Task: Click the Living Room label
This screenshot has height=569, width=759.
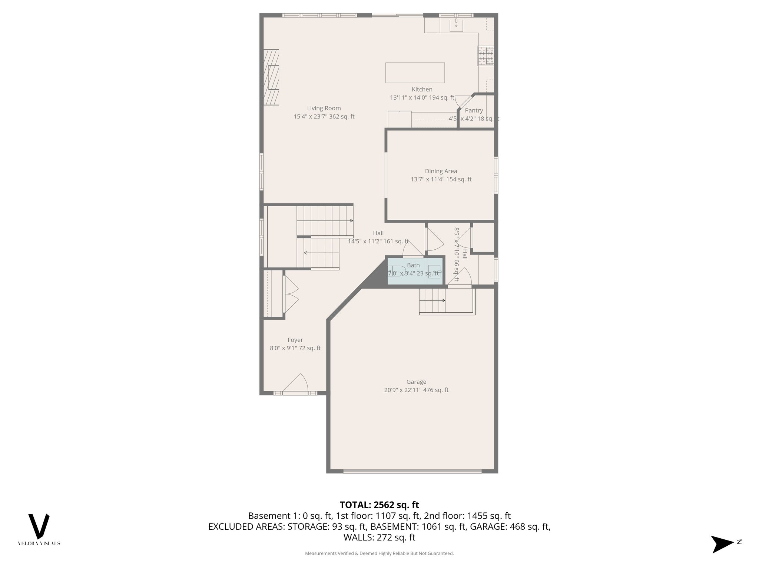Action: point(324,108)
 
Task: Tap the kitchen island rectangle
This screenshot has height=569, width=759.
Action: point(415,73)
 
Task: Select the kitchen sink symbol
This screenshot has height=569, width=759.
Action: point(456,25)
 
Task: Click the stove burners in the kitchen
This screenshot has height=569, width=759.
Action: point(485,56)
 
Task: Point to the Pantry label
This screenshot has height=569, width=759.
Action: point(474,110)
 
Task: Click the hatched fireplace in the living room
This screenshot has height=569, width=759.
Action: point(271,77)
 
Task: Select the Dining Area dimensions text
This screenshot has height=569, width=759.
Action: point(441,179)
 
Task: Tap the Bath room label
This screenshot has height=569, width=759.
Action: point(413,265)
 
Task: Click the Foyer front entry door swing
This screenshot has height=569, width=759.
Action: point(296,384)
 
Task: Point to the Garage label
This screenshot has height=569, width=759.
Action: point(416,382)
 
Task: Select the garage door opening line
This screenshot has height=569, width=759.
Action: point(412,471)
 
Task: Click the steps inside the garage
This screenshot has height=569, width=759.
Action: point(432,300)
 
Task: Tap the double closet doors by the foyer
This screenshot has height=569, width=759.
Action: point(290,294)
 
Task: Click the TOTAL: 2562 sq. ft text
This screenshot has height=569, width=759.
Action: point(379,505)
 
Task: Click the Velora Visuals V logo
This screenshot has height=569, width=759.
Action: point(39,526)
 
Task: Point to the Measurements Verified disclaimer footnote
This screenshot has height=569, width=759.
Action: point(379,553)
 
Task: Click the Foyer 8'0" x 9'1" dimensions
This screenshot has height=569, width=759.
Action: point(295,348)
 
